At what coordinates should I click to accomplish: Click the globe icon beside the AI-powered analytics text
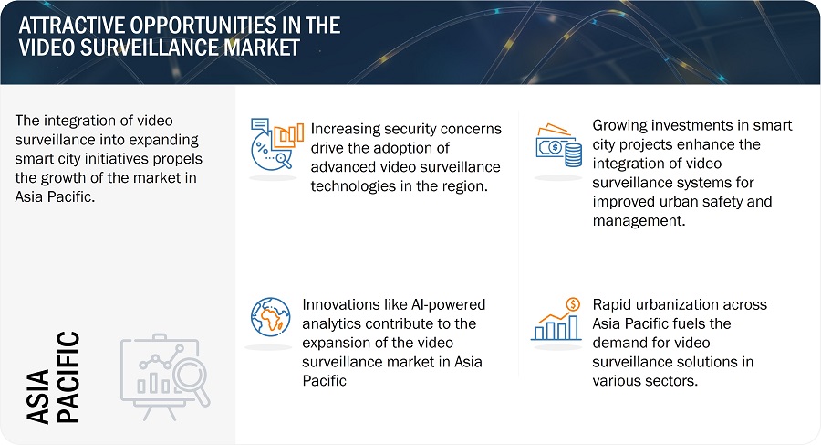[x=271, y=317]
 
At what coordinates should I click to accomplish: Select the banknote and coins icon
[x=559, y=145]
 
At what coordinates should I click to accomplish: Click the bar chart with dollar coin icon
[x=556, y=319]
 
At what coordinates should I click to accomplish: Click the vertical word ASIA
[x=37, y=397]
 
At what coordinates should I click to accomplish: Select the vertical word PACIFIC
[x=68, y=376]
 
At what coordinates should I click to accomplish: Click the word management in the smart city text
[x=639, y=221]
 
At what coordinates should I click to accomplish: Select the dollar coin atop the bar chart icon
[x=574, y=304]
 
